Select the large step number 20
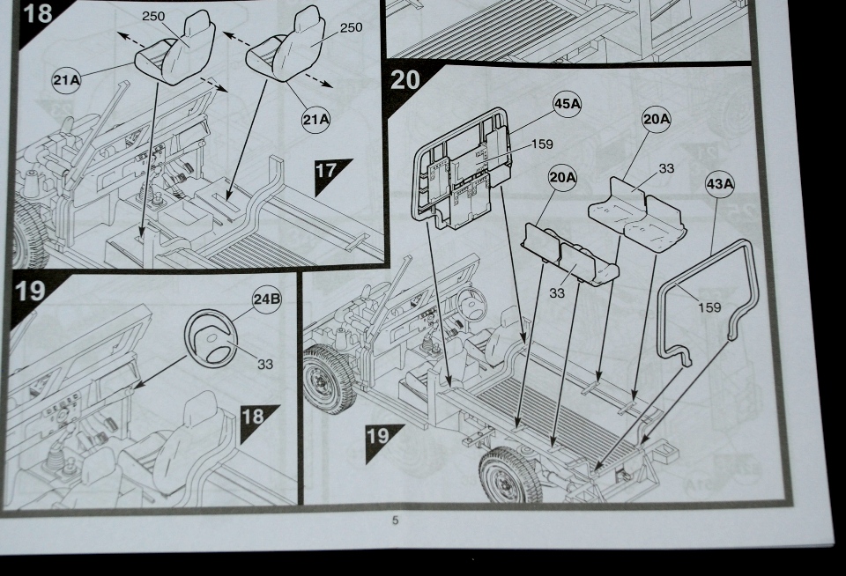pyautogui.click(x=406, y=80)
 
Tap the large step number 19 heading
pyautogui.click(x=30, y=292)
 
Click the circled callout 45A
pyautogui.click(x=568, y=104)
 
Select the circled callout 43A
pyautogui.click(x=720, y=184)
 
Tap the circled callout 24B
pyautogui.click(x=266, y=299)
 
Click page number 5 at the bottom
pyautogui.click(x=395, y=521)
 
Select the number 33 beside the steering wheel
pyautogui.click(x=264, y=365)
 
